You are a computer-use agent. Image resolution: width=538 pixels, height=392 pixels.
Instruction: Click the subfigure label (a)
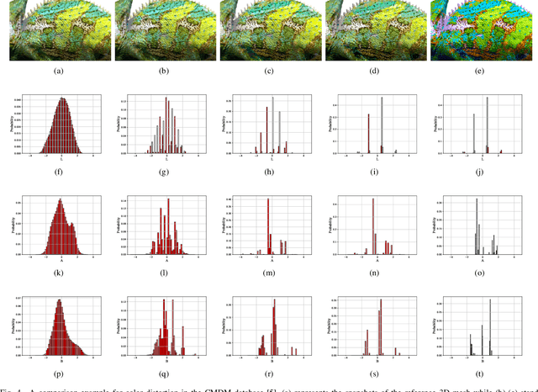tap(58, 72)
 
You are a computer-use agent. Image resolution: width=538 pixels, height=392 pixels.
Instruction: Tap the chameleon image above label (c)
tap(268, 29)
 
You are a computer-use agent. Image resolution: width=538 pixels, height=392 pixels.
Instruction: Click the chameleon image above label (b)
tap(163, 29)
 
